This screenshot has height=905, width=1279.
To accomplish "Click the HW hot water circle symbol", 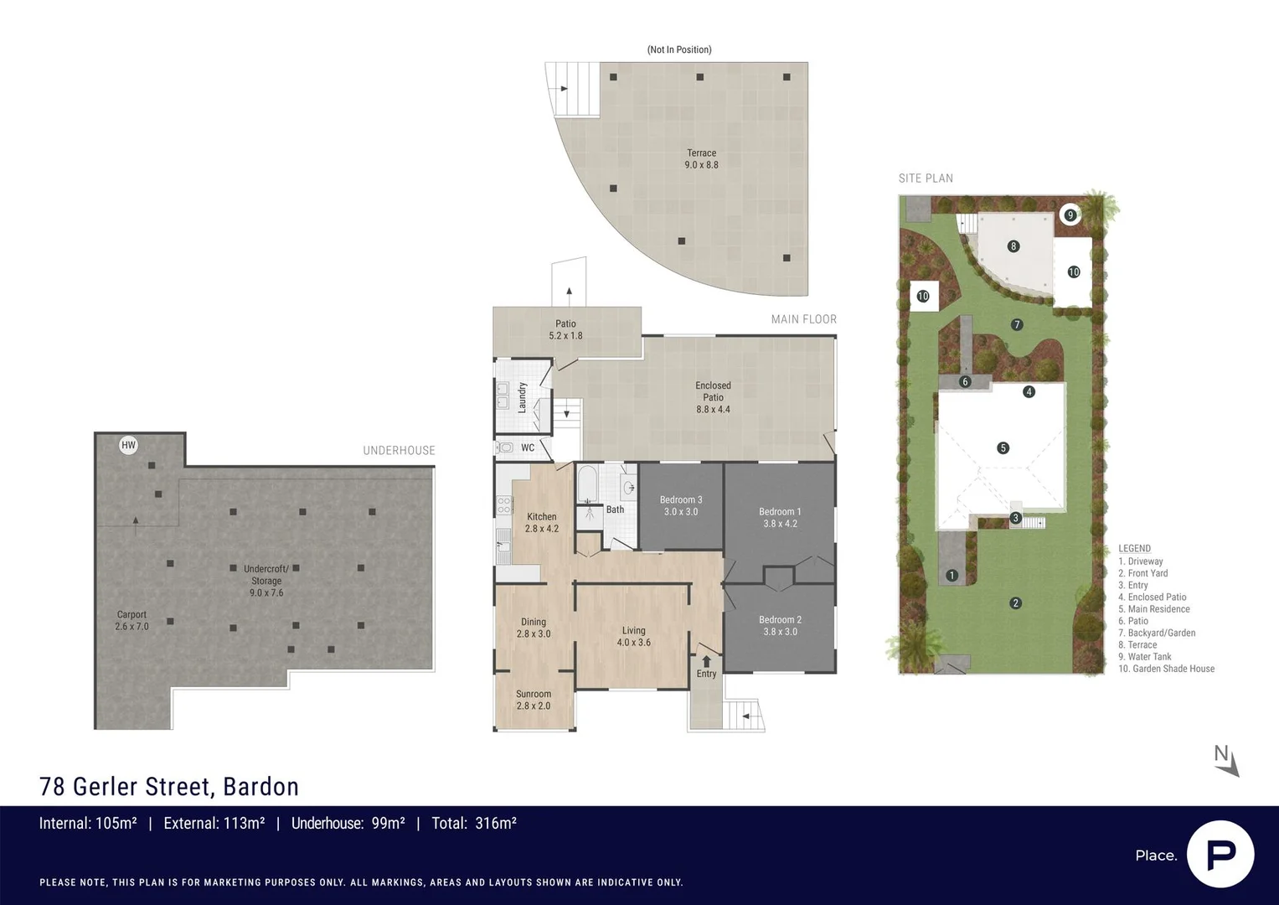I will click(128, 445).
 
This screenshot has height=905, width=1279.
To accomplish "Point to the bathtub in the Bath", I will click(586, 484).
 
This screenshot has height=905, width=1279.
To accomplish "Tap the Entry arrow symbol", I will click(706, 661).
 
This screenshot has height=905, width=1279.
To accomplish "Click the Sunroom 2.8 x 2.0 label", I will click(534, 700).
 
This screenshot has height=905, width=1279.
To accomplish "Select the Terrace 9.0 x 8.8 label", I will click(701, 158).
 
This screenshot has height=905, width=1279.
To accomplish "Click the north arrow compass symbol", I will click(1226, 760).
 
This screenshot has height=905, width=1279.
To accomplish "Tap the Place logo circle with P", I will click(1220, 854).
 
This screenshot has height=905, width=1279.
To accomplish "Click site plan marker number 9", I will click(1070, 215).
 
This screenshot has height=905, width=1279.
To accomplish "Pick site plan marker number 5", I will click(1003, 448).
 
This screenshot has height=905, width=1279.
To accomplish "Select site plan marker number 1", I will click(952, 575).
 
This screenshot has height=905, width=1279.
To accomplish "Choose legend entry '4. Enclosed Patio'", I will click(1152, 597).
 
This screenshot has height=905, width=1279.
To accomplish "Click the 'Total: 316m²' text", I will click(473, 823).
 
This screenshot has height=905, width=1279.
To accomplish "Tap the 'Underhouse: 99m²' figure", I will click(348, 823).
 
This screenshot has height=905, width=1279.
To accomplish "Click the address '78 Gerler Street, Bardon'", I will click(169, 786).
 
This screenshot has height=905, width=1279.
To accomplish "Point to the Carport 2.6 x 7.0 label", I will click(132, 620).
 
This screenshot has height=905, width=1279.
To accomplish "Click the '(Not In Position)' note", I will click(679, 49).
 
